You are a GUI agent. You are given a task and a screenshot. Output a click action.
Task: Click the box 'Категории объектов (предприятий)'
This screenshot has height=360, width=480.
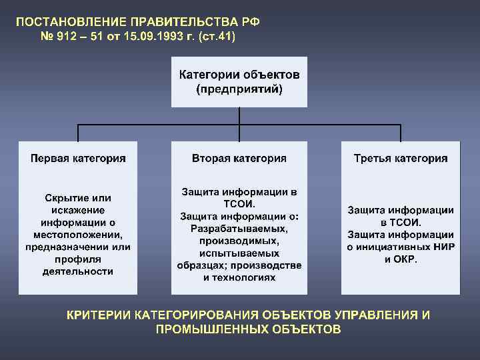(239, 82)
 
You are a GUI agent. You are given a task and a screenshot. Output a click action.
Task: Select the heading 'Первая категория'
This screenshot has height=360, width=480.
(78, 159)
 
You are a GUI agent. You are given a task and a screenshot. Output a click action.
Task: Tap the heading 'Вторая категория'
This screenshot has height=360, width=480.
(239, 159)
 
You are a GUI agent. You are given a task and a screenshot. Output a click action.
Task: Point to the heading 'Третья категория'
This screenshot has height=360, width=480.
(401, 159)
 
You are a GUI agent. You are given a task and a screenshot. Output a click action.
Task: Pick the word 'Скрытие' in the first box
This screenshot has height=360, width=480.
(59, 198)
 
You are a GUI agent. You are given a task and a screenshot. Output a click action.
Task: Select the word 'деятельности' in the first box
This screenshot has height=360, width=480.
(78, 271)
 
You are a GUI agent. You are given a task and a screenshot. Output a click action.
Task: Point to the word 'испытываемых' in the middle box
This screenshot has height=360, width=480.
(239, 253)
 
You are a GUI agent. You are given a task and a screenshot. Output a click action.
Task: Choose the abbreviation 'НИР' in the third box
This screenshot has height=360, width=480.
(443, 247)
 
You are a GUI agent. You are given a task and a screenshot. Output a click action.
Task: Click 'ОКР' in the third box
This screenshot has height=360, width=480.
(408, 259)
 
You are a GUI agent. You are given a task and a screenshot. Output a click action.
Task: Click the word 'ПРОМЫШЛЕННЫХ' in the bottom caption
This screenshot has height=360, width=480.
(205, 329)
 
